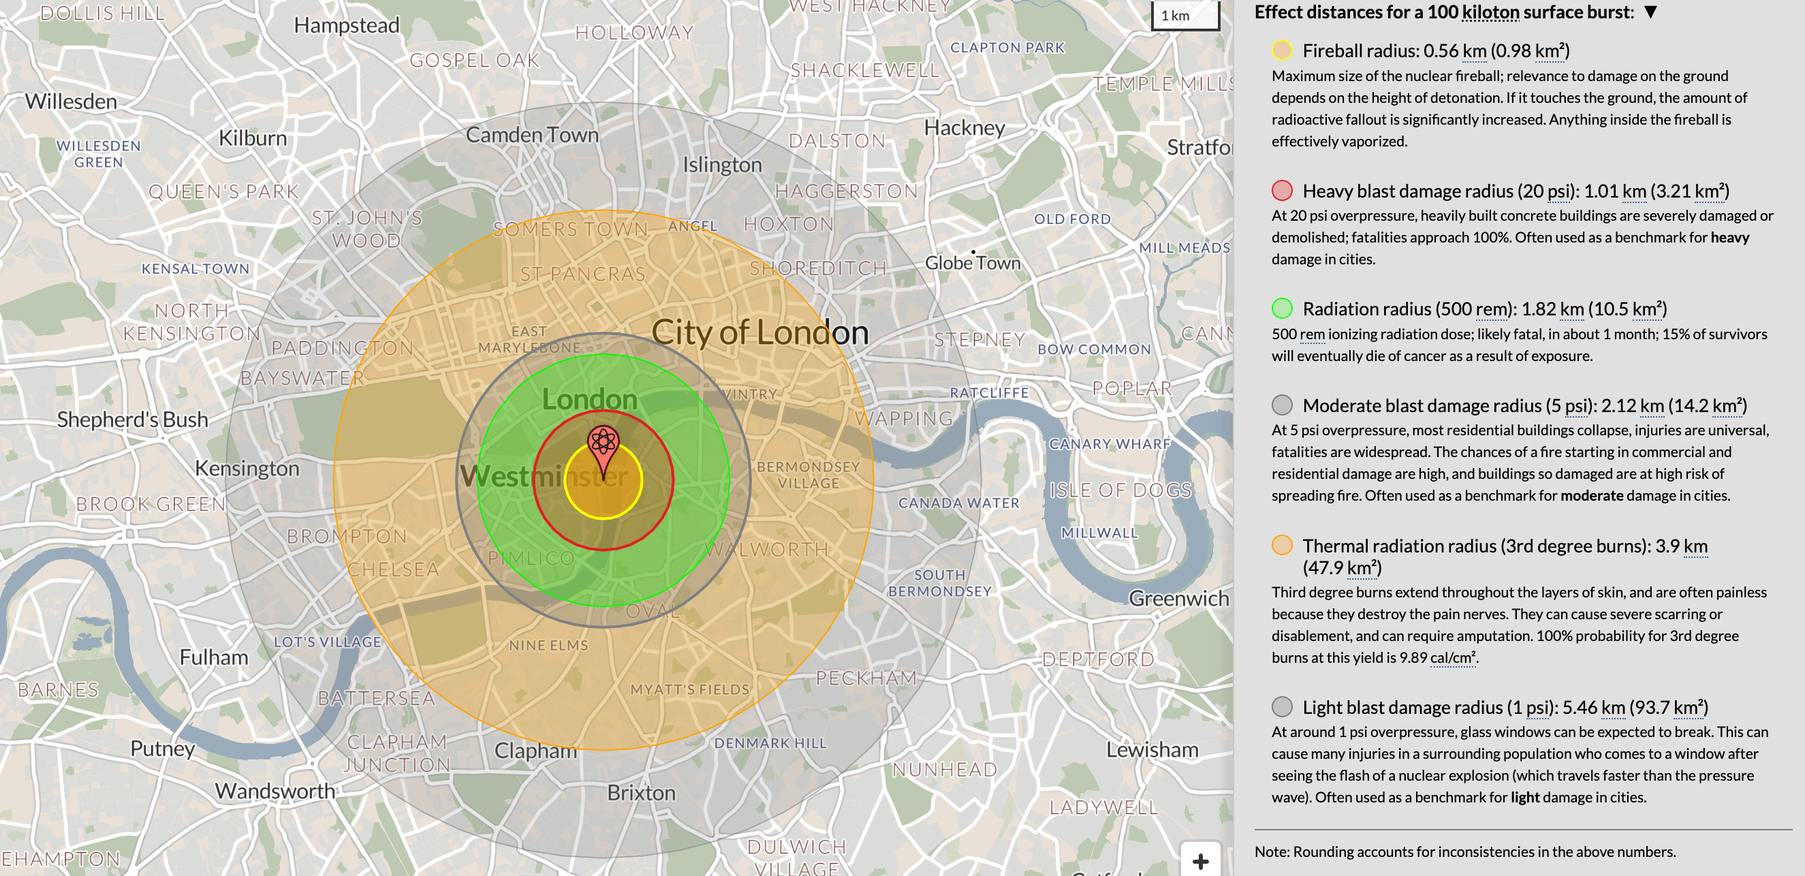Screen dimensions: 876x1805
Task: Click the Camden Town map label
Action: [532, 135]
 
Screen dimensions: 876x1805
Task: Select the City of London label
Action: [759, 332]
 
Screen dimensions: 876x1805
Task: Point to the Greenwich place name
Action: [1178, 599]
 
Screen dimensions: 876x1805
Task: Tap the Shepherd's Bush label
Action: [132, 420]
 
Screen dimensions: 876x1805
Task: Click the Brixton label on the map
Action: [641, 794]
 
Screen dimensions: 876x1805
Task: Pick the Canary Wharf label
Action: [1109, 443]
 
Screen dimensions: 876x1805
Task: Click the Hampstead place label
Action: [346, 25]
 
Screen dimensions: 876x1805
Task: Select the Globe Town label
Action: [973, 263]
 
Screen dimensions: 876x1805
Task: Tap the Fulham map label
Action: [214, 657]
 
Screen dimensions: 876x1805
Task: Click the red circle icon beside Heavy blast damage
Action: [1282, 191]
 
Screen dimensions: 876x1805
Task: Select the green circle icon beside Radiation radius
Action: [1282, 309]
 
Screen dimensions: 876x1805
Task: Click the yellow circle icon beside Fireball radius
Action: [1282, 50]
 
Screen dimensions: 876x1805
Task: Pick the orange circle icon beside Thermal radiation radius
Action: [1282, 545]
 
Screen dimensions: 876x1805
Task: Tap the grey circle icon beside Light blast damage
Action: [1282, 706]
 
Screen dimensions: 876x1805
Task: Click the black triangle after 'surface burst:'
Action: [1650, 12]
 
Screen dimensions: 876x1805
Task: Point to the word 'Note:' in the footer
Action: [1272, 851]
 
